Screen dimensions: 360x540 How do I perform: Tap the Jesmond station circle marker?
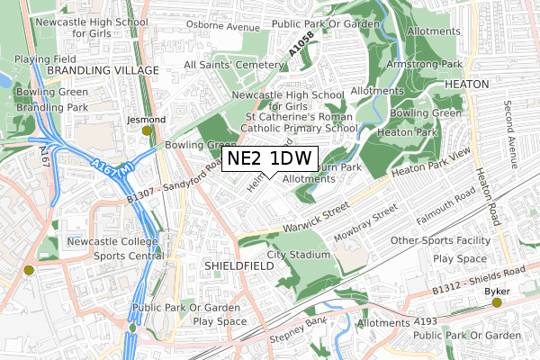point(146,130)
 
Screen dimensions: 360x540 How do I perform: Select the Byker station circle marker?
point(496,303)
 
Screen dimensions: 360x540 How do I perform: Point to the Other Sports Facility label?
point(444,240)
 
